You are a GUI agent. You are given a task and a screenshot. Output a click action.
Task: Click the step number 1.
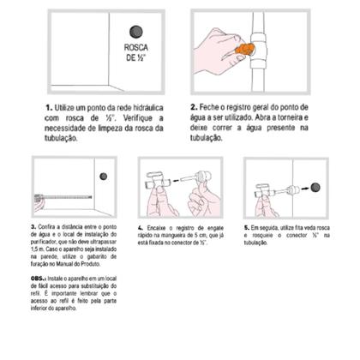point(47,105)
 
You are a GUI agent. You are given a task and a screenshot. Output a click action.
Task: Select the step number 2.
point(193,106)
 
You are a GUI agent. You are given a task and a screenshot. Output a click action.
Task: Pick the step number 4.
point(140,229)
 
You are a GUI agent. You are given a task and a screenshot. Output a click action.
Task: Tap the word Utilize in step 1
point(65,105)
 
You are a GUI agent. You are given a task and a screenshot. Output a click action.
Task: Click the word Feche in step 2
point(212,106)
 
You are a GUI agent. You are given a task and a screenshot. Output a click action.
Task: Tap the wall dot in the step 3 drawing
point(104,177)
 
